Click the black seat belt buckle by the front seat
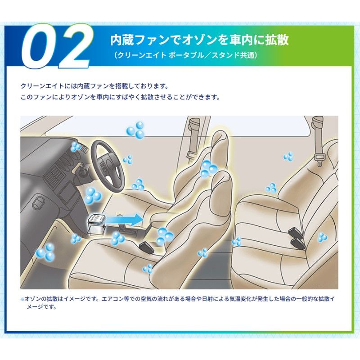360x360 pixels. point(147,246)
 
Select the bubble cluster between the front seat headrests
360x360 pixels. point(208,168)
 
